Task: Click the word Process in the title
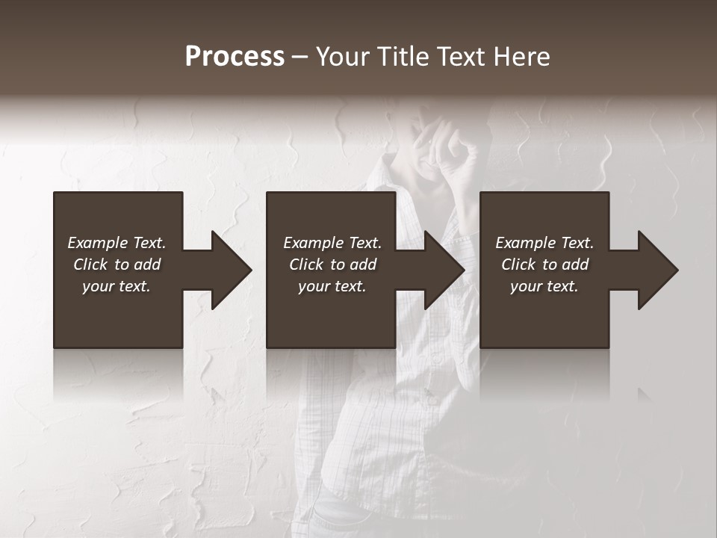point(235,57)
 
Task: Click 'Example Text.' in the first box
point(117,243)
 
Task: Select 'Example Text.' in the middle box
point(332,243)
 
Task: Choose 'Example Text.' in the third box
point(544,243)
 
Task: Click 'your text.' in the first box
point(117,286)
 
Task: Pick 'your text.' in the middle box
point(332,286)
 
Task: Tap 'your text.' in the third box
point(544,286)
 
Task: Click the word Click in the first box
point(90,265)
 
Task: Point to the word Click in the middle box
point(306,265)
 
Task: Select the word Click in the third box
point(518,265)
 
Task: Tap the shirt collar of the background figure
point(388,187)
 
